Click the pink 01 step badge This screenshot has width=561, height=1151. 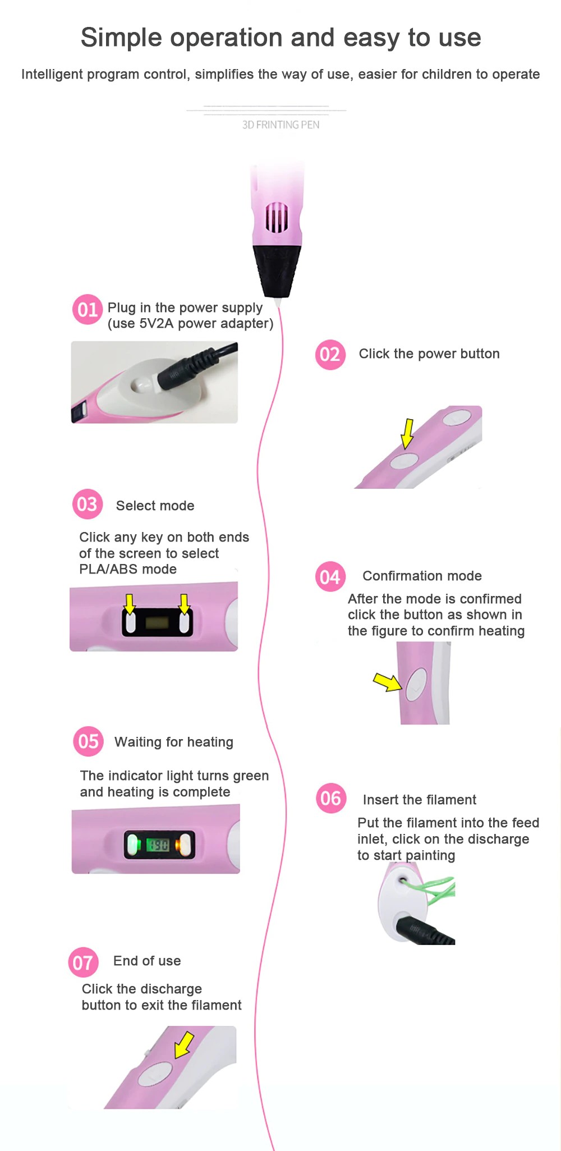click(88, 309)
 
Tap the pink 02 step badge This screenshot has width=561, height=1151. click(330, 355)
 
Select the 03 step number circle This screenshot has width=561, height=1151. click(88, 505)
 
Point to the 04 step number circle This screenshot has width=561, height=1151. click(330, 576)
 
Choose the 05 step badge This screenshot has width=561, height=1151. click(88, 741)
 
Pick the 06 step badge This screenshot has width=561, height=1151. click(330, 798)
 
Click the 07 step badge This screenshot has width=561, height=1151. click(83, 962)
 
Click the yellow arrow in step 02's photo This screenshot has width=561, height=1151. click(408, 434)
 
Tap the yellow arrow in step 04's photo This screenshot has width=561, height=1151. click(388, 682)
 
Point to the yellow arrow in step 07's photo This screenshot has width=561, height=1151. click(184, 1044)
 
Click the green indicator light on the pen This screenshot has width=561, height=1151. click(133, 845)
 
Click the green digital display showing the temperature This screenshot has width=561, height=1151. click(158, 845)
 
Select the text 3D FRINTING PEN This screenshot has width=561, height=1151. click(280, 125)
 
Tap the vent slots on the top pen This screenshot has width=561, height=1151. click(277, 218)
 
